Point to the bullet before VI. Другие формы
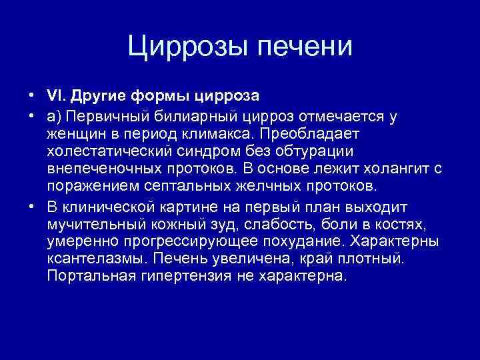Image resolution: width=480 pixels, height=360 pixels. [31, 95]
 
